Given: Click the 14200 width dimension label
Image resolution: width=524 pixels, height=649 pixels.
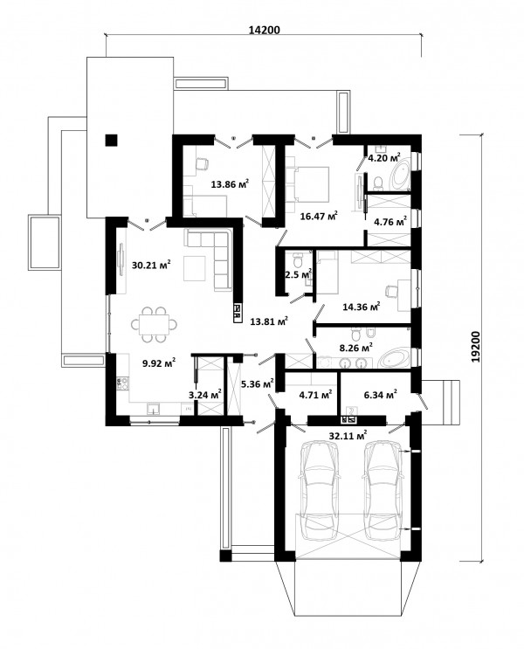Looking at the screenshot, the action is click(x=264, y=30).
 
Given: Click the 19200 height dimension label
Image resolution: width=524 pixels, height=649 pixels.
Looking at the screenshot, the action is click(x=476, y=347).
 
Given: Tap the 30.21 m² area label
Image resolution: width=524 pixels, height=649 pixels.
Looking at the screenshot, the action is click(x=151, y=265).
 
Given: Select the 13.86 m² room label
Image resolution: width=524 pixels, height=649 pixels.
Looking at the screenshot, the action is click(x=230, y=184).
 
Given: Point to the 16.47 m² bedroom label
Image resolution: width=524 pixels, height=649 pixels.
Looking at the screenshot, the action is click(x=319, y=216).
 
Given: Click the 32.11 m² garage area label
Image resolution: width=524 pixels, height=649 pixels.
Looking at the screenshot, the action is click(x=348, y=435).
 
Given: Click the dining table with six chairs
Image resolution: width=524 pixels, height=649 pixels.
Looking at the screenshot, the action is click(x=155, y=325).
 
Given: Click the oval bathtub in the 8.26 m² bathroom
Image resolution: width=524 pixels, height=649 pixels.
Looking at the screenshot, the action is click(x=395, y=360).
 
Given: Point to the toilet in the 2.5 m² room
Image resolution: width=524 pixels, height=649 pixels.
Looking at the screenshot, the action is click(x=298, y=260).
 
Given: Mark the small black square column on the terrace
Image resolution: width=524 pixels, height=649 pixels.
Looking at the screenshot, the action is click(x=111, y=141).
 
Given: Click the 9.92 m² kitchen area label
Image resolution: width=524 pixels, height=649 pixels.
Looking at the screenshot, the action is click(x=159, y=363).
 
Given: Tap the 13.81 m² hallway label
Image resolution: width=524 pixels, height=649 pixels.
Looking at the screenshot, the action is click(x=269, y=321).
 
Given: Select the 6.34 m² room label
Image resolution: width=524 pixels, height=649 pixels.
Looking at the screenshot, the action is click(x=381, y=395).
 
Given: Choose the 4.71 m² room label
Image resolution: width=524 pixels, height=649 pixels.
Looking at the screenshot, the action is click(x=315, y=395).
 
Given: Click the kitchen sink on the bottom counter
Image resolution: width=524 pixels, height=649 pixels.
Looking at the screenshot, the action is click(x=154, y=409).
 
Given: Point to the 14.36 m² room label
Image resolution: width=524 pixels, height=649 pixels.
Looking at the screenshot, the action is click(x=362, y=307).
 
